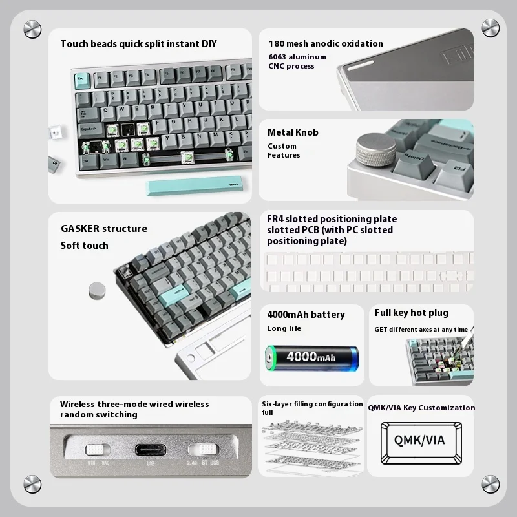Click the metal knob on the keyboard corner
pos(371,147)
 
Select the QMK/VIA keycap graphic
pos(420,439)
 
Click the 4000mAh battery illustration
pos(312,357)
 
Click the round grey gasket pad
pos(98,290)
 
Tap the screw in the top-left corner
pos(32,29)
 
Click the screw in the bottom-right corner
pos(491,483)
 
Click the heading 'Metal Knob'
pos(293,132)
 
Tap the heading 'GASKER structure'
pos(103,229)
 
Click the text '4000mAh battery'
pos(306,315)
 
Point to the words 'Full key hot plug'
pos(411,313)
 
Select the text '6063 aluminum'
pos(297,57)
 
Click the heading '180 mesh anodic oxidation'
pos(326,44)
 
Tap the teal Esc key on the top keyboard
pos(81,79)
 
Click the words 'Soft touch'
pos(85,246)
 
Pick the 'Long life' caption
pos(284,328)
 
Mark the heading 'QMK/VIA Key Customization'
pos(421,408)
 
